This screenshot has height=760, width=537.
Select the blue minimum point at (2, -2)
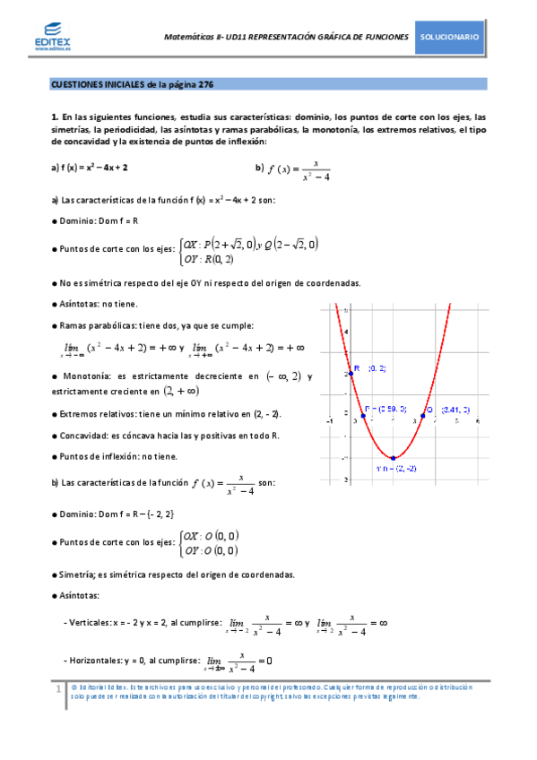point(393,457)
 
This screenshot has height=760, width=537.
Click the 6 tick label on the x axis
point(479,419)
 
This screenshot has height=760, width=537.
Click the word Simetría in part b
point(79,574)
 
